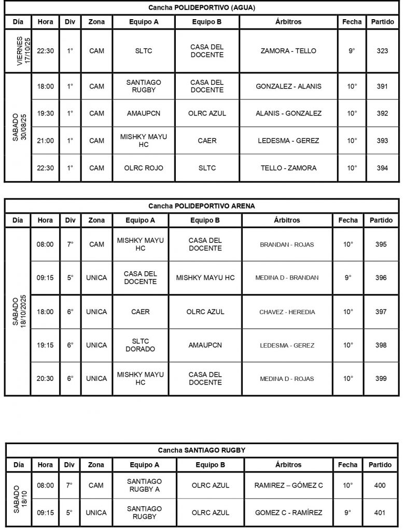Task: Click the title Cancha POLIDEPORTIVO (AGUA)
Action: pyautogui.click(x=202, y=8)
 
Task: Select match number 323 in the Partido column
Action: pyautogui.click(x=382, y=51)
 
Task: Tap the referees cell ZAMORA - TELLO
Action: pyautogui.click(x=288, y=51)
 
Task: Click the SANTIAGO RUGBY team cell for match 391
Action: pyautogui.click(x=144, y=86)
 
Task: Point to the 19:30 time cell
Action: pyautogui.click(x=45, y=113)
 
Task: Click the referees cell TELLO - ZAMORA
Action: pyautogui.click(x=288, y=168)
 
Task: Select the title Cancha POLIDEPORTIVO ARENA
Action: pyautogui.click(x=202, y=206)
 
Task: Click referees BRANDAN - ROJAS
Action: pyautogui.click(x=287, y=245)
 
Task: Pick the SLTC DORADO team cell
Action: pyautogui.click(x=140, y=345)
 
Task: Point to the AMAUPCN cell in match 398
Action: pyautogui.click(x=205, y=345)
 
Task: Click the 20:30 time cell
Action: pyautogui.click(x=45, y=378)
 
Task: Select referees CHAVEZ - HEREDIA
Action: pyautogui.click(x=287, y=312)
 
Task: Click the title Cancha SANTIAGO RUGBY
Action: pyautogui.click(x=202, y=450)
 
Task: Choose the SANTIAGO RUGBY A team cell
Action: pyautogui.click(x=144, y=485)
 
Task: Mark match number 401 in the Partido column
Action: pyautogui.click(x=381, y=513)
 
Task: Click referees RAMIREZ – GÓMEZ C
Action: pyautogui.click(x=288, y=485)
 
